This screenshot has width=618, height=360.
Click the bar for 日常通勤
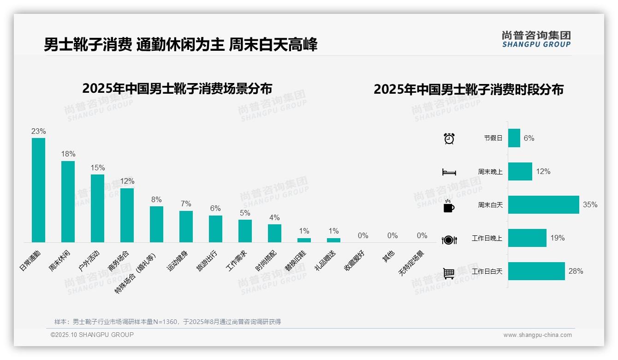(38, 190)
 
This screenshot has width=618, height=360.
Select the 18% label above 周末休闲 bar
(68, 154)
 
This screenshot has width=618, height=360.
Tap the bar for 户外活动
(97, 208)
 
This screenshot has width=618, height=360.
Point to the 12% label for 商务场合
(127, 181)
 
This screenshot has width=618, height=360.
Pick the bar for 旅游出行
(215, 229)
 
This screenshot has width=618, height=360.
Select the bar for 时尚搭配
(274, 233)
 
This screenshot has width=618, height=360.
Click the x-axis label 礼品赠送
(325, 261)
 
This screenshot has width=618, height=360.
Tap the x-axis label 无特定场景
(411, 264)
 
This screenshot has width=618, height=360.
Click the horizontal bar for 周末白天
(543, 204)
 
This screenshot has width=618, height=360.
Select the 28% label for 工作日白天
(576, 271)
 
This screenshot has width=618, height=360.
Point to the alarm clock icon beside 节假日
(449, 138)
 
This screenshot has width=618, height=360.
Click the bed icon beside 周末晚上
(449, 172)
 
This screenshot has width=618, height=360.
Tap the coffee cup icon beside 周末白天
(449, 205)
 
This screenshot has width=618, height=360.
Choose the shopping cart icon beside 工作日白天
(449, 273)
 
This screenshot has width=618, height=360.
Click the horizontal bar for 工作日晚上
(527, 238)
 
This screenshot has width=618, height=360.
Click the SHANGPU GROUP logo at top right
(536, 39)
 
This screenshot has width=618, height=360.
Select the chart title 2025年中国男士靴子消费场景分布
(177, 89)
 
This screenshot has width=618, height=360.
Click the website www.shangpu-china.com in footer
(537, 335)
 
